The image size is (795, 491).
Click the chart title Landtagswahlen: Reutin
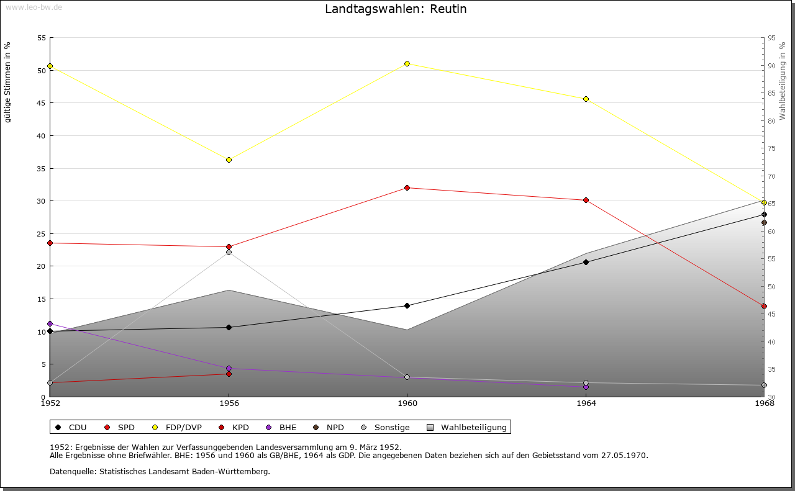click(396, 9)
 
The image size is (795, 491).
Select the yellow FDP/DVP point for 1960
click(407, 63)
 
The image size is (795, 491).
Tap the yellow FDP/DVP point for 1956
click(229, 160)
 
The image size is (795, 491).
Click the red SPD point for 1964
click(586, 200)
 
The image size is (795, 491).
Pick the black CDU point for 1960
click(407, 305)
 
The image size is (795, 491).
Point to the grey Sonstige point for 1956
click(229, 252)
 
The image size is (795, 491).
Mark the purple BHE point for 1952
click(50, 323)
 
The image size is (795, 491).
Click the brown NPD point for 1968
click(764, 222)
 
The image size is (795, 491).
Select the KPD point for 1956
click(229, 374)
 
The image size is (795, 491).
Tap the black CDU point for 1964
click(586, 262)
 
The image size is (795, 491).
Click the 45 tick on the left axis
click(41, 103)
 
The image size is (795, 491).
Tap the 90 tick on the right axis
click(771, 66)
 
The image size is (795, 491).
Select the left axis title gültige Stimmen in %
click(7, 82)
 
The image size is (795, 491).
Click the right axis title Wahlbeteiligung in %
click(783, 81)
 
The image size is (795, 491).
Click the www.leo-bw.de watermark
click(32, 6)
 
